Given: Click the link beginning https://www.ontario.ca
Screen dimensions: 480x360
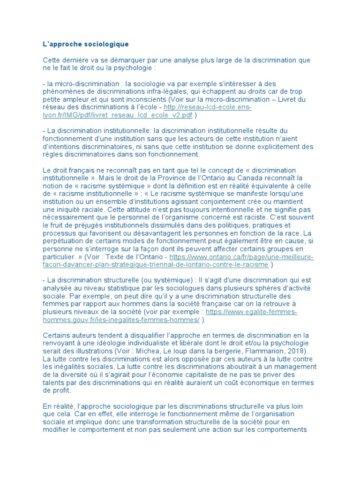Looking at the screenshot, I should [241, 257].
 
